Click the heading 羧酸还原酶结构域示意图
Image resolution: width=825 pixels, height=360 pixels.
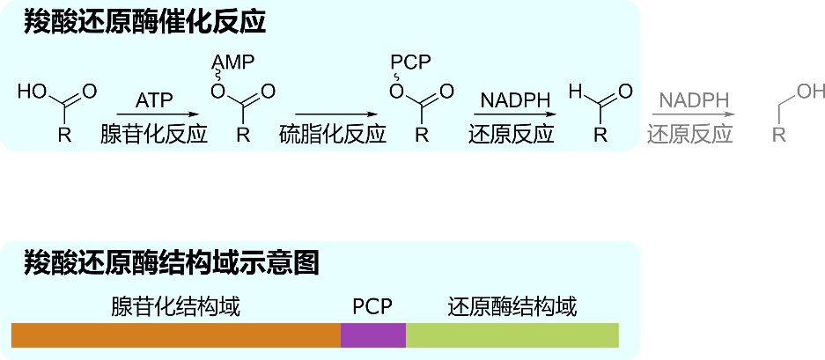pyautogui.click(x=171, y=262)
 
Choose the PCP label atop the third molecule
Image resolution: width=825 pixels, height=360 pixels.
pyautogui.click(x=411, y=63)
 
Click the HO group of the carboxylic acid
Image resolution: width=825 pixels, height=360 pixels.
pyautogui.click(x=33, y=91)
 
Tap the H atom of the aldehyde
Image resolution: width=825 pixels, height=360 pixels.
pyautogui.click(x=575, y=91)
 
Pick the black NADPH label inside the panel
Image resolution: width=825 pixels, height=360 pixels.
pyautogui.click(x=514, y=100)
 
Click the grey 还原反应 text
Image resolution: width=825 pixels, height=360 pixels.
pyautogui.click(x=690, y=135)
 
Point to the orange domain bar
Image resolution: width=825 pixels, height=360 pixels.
pyautogui.click(x=175, y=335)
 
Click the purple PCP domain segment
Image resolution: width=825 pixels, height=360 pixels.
pyautogui.click(x=372, y=335)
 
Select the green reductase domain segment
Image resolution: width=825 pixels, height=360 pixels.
pyautogui.click(x=512, y=335)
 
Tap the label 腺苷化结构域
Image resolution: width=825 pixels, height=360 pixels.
pyautogui.click(x=175, y=307)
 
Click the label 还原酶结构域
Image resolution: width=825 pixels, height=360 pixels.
pyautogui.click(x=512, y=307)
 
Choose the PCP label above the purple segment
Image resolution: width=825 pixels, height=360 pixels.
pyautogui.click(x=372, y=307)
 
